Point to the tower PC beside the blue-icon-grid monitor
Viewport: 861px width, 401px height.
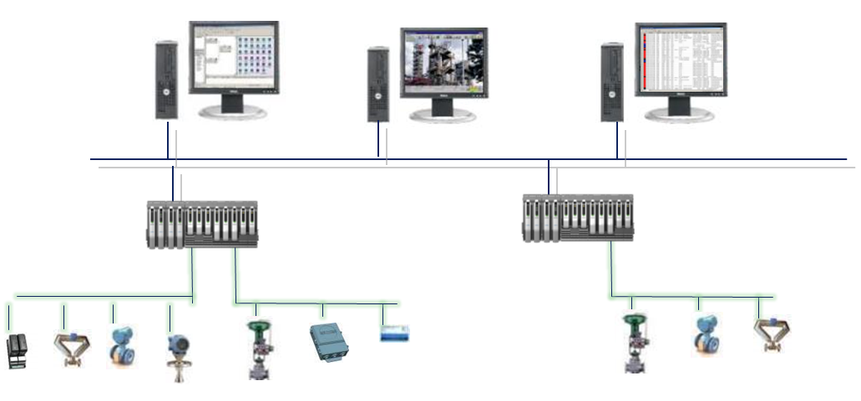coord(165,79)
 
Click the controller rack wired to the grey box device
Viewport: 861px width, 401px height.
coord(201,223)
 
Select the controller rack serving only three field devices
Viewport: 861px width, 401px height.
coord(577,218)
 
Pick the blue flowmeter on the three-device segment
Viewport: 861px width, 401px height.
coord(707,334)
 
